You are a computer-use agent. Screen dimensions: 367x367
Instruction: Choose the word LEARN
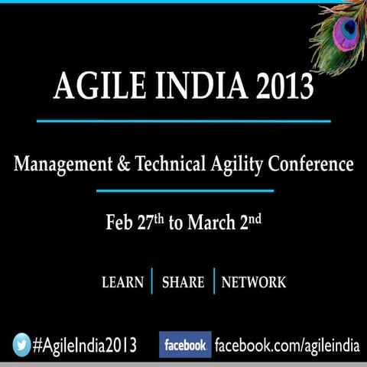coord(122,282)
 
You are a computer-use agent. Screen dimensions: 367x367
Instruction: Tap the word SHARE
coord(183,282)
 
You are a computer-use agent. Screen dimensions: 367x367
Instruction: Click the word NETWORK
coord(253,282)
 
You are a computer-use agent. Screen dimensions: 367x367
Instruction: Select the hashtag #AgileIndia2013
coord(84,345)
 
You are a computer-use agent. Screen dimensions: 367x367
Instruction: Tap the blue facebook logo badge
coord(185,345)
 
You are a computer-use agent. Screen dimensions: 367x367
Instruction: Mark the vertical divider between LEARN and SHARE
coord(153,281)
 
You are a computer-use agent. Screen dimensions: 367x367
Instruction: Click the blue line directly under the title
coord(183,121)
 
